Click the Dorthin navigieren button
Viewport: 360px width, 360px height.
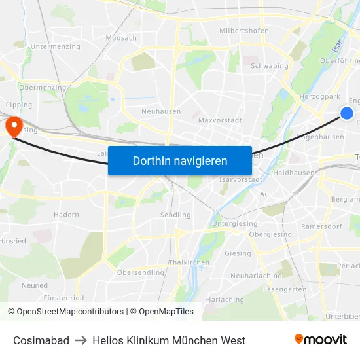[180, 160]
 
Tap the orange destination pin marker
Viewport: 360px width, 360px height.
[13, 124]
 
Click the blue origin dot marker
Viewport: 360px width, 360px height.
[347, 114]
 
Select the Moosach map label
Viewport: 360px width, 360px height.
[121, 38]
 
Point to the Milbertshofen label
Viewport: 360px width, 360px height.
[244, 31]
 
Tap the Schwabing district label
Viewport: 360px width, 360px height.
[270, 66]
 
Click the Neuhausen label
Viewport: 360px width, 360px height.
[161, 111]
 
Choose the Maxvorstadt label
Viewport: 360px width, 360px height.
[220, 120]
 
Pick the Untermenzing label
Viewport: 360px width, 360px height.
[56, 47]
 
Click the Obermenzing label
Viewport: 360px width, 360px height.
[43, 88]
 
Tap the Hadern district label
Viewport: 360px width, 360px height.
[66, 215]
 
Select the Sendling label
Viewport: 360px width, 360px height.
[175, 215]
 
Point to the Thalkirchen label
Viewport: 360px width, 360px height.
[189, 262]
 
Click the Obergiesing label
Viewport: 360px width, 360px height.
[270, 234]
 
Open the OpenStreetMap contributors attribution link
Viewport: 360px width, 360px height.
[70, 312]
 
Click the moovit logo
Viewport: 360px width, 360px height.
[321, 339]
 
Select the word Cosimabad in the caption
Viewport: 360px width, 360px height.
[41, 340]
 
